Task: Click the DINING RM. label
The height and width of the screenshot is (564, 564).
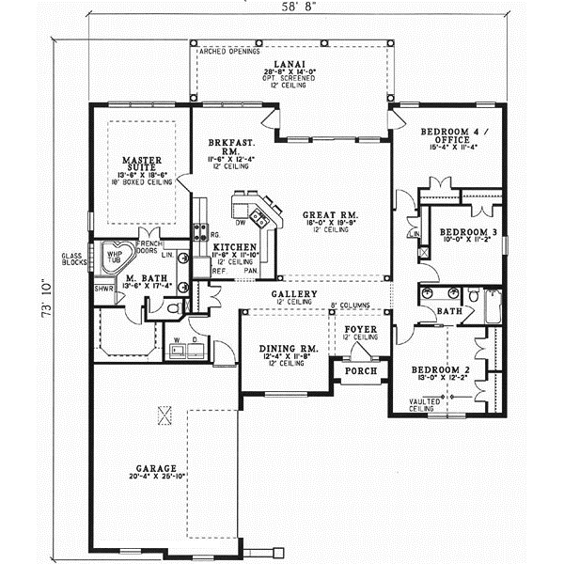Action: pyautogui.click(x=289, y=349)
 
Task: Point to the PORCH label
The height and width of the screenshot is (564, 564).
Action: pyautogui.click(x=360, y=371)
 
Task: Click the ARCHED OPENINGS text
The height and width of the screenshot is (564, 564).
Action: pyautogui.click(x=228, y=53)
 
